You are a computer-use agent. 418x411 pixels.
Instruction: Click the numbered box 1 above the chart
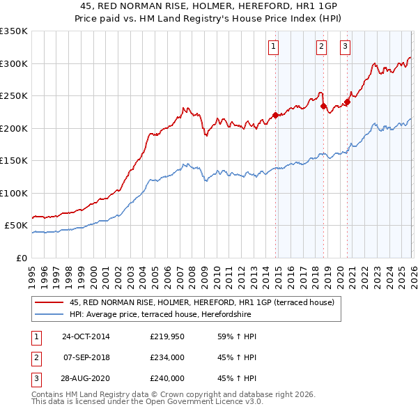coord(272,47)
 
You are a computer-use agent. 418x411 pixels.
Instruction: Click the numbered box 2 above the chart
coord(321,47)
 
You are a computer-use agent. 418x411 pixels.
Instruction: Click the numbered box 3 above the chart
coord(345,47)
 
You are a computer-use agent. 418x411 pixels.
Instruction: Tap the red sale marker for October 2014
coord(275,115)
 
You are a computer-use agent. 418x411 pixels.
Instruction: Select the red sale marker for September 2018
coord(323,107)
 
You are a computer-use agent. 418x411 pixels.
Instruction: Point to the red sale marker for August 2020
coord(347,102)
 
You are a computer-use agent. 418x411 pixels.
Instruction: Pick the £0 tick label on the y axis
coord(22,258)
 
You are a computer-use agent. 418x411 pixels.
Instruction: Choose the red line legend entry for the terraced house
coord(202,302)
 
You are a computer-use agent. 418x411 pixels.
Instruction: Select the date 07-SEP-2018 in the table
coord(86,357)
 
